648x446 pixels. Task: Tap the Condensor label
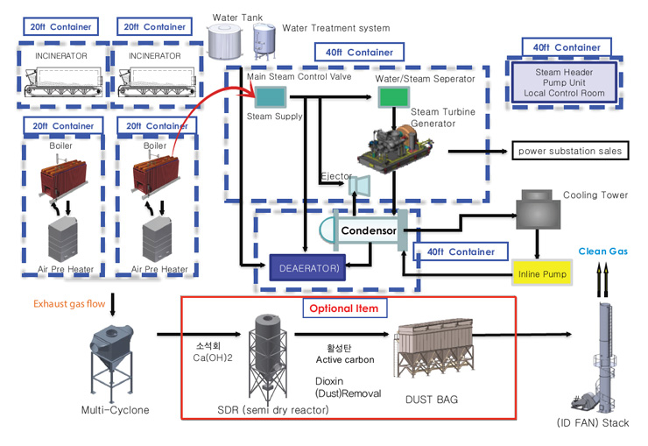point(368,230)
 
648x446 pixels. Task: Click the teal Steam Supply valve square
point(262,96)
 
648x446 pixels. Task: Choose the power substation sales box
point(568,151)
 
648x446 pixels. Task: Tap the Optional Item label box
point(344,308)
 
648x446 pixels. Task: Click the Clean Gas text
point(603,251)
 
